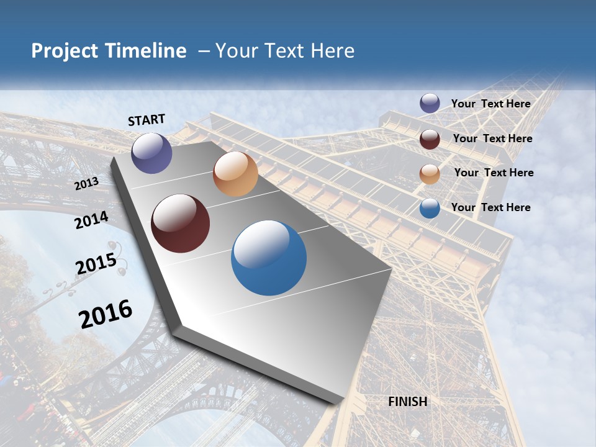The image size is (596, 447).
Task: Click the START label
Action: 147,120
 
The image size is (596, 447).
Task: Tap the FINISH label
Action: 408,402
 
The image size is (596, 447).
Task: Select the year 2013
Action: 87,184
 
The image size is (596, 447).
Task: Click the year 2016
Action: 106,314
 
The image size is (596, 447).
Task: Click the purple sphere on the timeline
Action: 151,153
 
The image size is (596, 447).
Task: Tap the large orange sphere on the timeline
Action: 235,174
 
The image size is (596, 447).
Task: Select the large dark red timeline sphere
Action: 180,223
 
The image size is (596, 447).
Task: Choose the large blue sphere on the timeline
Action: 269,258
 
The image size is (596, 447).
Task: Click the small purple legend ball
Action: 430,104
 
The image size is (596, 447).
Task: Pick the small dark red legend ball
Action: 430,139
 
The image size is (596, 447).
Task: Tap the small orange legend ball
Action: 430,173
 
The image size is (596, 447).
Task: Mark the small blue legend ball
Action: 430,208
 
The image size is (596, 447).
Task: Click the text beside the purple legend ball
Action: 490,104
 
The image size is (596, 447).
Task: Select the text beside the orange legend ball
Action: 494,173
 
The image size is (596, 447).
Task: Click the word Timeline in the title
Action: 147,51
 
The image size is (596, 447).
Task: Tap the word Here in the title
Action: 333,51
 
